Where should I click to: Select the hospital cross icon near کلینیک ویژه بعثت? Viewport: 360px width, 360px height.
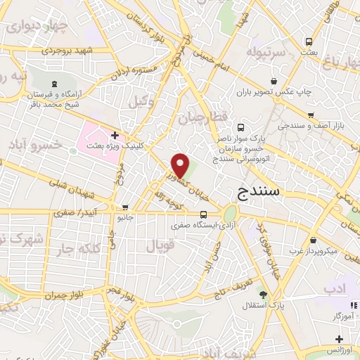[115, 134]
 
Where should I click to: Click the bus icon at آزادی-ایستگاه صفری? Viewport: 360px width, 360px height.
[203, 215]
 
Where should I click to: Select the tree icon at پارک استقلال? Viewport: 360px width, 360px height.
[263, 295]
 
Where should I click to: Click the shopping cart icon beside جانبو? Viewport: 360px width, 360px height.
[125, 207]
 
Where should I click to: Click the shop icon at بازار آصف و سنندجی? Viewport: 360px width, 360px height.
[310, 115]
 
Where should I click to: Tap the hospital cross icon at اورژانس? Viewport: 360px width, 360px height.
[338, 340]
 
